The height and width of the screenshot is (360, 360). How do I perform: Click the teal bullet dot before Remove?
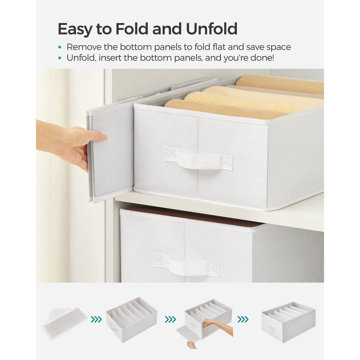[x=60, y=47]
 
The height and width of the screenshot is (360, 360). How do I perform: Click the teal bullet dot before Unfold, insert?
[x=60, y=58]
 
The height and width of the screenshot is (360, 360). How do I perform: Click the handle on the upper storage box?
[x=198, y=160]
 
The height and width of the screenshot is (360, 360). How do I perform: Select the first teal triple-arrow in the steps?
[x=96, y=319]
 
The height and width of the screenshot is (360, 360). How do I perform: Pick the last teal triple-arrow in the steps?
[x=243, y=319]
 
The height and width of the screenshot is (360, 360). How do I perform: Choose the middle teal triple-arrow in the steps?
[x=170, y=319]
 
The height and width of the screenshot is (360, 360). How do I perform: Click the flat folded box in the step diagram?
[x=65, y=323]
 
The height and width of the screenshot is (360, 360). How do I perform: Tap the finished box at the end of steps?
[x=288, y=321]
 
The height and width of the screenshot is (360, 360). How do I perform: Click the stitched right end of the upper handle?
[x=226, y=163]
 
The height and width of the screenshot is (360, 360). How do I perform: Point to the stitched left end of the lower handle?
[x=159, y=260]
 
